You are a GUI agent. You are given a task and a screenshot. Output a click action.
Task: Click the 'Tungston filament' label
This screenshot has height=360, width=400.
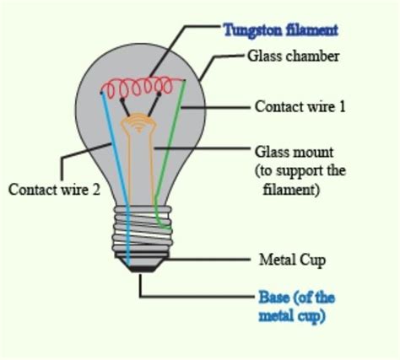tap(280, 30)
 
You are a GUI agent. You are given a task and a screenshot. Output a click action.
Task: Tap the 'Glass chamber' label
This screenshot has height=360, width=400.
tap(293, 56)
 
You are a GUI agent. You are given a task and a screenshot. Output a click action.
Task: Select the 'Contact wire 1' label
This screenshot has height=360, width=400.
tap(300, 107)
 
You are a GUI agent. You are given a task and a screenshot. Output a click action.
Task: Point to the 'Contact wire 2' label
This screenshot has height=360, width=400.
tap(54, 190)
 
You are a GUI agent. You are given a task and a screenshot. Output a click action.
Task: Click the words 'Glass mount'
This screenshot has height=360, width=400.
tap(294, 152)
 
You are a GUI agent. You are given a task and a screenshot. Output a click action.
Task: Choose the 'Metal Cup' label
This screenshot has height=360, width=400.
tap(292, 260)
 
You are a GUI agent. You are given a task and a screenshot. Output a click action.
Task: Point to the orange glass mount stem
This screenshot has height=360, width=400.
tap(138, 158)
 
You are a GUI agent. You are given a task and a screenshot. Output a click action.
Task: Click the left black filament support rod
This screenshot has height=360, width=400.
tap(125, 107)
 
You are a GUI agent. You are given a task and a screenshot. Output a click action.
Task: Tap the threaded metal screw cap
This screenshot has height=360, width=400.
tap(143, 229)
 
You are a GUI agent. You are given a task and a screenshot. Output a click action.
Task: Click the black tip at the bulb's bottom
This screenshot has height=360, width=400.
tap(142, 269)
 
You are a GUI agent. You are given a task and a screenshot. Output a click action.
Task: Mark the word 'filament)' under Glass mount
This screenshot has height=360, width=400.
tap(291, 190)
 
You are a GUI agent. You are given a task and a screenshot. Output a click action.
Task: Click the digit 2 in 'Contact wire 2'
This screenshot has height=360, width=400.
tap(96, 190)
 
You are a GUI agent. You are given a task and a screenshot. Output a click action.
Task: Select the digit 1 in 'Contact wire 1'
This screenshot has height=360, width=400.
tap(342, 107)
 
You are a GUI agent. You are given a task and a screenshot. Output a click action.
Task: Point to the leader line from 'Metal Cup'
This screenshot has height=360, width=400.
tap(208, 259)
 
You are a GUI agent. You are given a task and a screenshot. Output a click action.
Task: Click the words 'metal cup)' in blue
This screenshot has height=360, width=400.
tap(292, 316)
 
